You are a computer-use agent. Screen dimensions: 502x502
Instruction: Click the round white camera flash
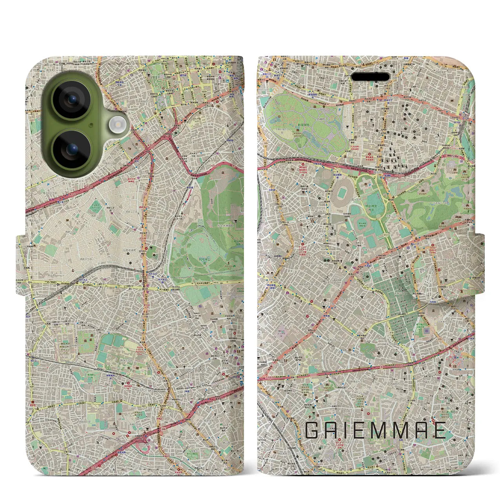coord(116,125)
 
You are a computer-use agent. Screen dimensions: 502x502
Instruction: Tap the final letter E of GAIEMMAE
coord(439,430)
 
